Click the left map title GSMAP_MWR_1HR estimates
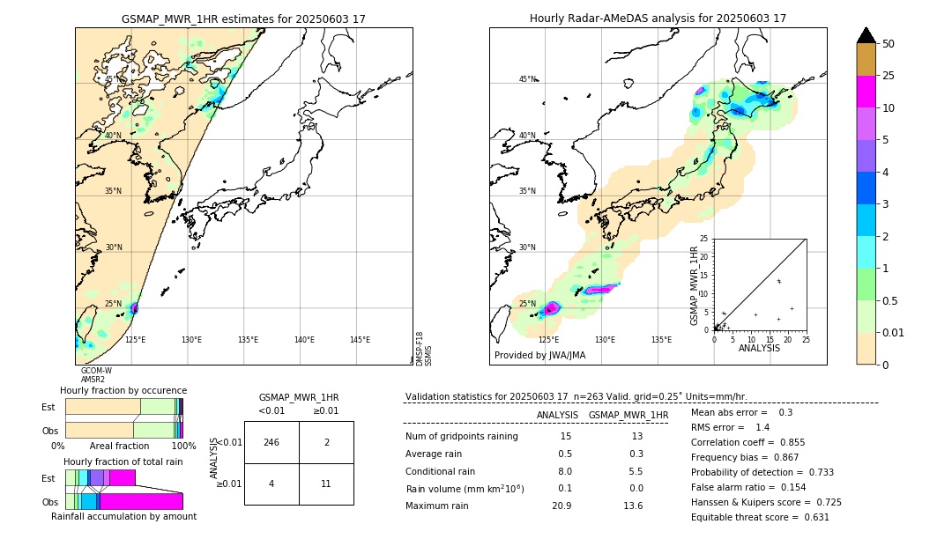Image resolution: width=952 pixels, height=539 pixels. pyautogui.click(x=243, y=18)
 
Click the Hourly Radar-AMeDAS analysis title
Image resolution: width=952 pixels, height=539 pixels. pyautogui.click(x=658, y=18)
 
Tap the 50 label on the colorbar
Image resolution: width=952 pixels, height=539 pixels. pyautogui.click(x=889, y=44)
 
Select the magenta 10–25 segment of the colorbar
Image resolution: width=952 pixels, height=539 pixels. pyautogui.click(x=866, y=92)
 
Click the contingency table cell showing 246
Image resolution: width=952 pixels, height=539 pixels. pyautogui.click(x=271, y=442)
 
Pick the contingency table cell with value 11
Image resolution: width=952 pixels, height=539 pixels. pyautogui.click(x=326, y=484)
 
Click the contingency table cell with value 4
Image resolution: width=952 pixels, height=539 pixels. pyautogui.click(x=271, y=484)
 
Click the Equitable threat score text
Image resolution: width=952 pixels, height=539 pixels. pyautogui.click(x=760, y=517)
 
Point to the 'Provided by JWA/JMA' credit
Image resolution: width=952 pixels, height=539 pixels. pyautogui.click(x=539, y=356)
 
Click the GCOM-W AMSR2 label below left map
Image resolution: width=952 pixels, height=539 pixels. pyautogui.click(x=95, y=375)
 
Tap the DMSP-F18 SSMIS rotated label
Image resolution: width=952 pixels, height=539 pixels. pyautogui.click(x=424, y=349)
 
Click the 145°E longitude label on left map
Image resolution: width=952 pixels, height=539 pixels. pyautogui.click(x=360, y=340)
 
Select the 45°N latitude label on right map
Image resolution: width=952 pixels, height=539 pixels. pyautogui.click(x=527, y=79)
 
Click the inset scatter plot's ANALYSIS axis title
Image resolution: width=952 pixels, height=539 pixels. pyautogui.click(x=759, y=348)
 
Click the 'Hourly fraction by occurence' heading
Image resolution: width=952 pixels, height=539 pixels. pyautogui.click(x=123, y=390)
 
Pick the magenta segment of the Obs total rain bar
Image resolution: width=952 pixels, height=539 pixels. pyautogui.click(x=141, y=501)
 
